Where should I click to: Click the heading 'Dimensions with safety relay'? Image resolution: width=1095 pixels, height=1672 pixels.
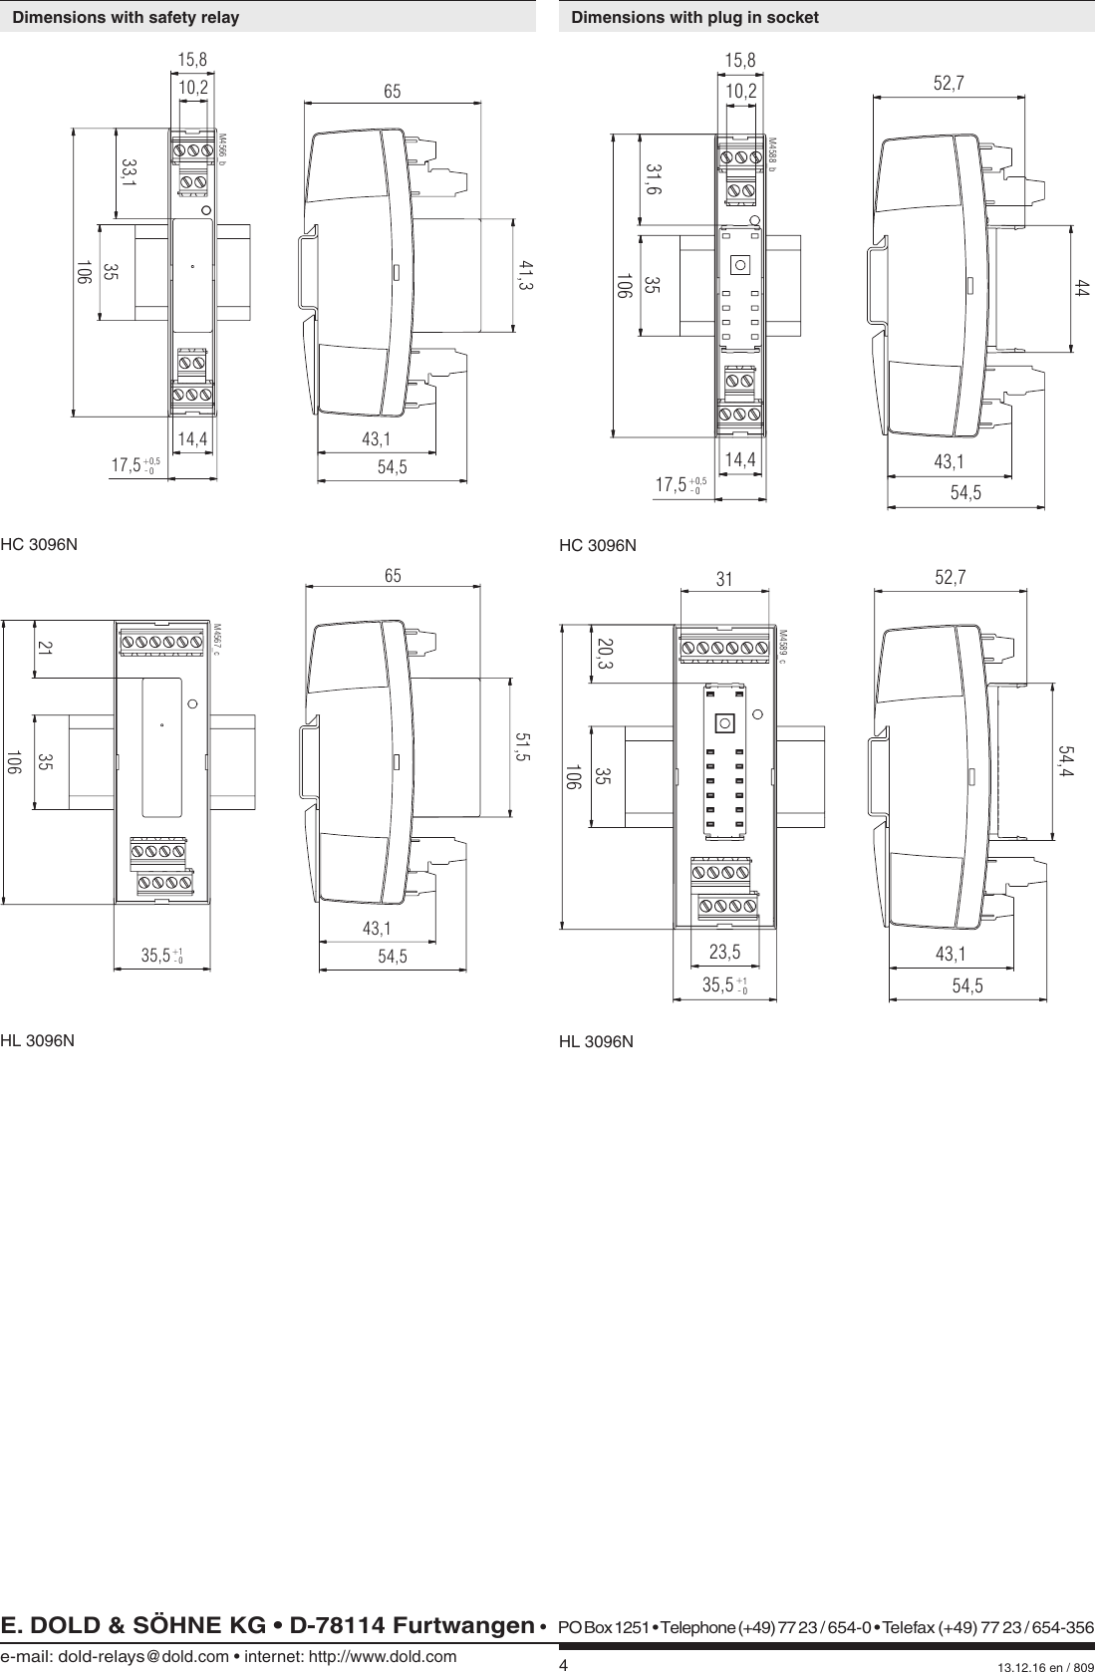coord(126,17)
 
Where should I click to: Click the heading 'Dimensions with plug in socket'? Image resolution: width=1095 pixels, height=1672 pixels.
coord(694,17)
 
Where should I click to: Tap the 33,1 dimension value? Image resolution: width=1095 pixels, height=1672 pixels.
coord(130,171)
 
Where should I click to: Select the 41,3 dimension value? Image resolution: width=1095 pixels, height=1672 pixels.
coord(527,275)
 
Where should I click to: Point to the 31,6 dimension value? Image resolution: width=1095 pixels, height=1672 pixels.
coord(655,180)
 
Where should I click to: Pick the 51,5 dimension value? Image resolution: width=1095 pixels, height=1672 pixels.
coord(522,746)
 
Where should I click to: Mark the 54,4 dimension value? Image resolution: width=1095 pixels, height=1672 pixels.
coord(1065,761)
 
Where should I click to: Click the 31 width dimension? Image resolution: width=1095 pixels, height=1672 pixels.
coord(724,579)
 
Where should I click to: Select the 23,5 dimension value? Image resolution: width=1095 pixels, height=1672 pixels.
coord(724,952)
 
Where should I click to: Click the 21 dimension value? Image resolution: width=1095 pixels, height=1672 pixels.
coord(45,647)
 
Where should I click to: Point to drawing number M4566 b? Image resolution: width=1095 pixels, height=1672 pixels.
coord(221,149)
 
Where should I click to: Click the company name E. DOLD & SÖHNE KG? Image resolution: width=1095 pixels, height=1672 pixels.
coord(133,1625)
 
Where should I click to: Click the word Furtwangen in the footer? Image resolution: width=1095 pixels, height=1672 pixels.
coord(463,1625)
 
